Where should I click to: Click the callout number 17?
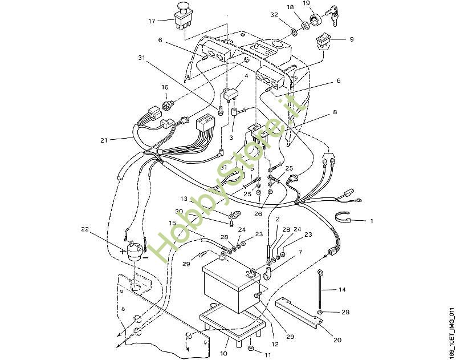[x=152, y=21]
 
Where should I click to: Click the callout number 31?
[x=142, y=58]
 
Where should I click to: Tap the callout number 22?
[x=85, y=230]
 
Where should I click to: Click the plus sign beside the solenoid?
[x=123, y=251]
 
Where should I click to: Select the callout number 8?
[x=335, y=112]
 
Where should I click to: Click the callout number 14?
[x=342, y=290]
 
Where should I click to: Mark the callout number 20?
[x=337, y=341]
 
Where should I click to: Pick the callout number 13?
[x=184, y=199]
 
